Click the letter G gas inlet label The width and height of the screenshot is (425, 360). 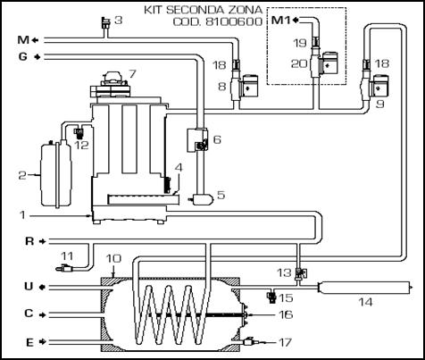coord(23,56)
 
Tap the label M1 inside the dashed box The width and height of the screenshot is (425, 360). coord(281,21)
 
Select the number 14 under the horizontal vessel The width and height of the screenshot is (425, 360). coord(365,302)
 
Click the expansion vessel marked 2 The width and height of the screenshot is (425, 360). coord(56,174)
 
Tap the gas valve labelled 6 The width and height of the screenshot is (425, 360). coord(197,140)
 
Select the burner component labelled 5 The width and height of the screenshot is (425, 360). coord(202,199)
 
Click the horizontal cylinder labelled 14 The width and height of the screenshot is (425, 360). coord(364,288)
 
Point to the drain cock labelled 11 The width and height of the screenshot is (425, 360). coord(65,269)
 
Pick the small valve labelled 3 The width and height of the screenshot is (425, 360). coord(105,23)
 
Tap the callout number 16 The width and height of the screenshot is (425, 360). coord(285,314)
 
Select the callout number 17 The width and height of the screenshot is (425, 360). coord(285,342)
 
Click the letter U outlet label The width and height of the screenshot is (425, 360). coord(29,287)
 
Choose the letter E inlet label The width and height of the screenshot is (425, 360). coord(29,342)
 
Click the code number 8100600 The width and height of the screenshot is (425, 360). coord(234,21)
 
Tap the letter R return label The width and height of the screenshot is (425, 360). coord(29,241)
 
